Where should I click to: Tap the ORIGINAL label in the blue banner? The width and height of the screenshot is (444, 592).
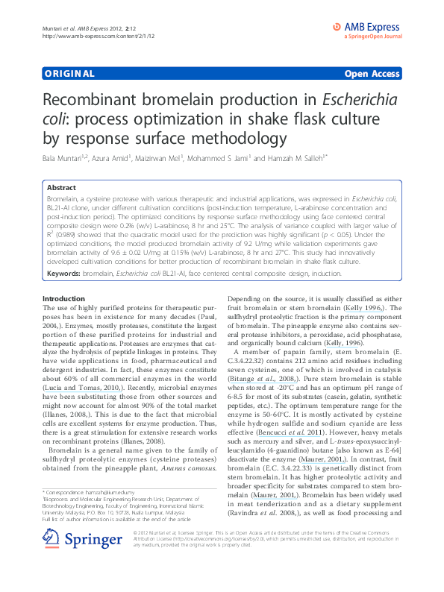point(69,74)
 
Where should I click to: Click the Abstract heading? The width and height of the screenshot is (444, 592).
point(62,189)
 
